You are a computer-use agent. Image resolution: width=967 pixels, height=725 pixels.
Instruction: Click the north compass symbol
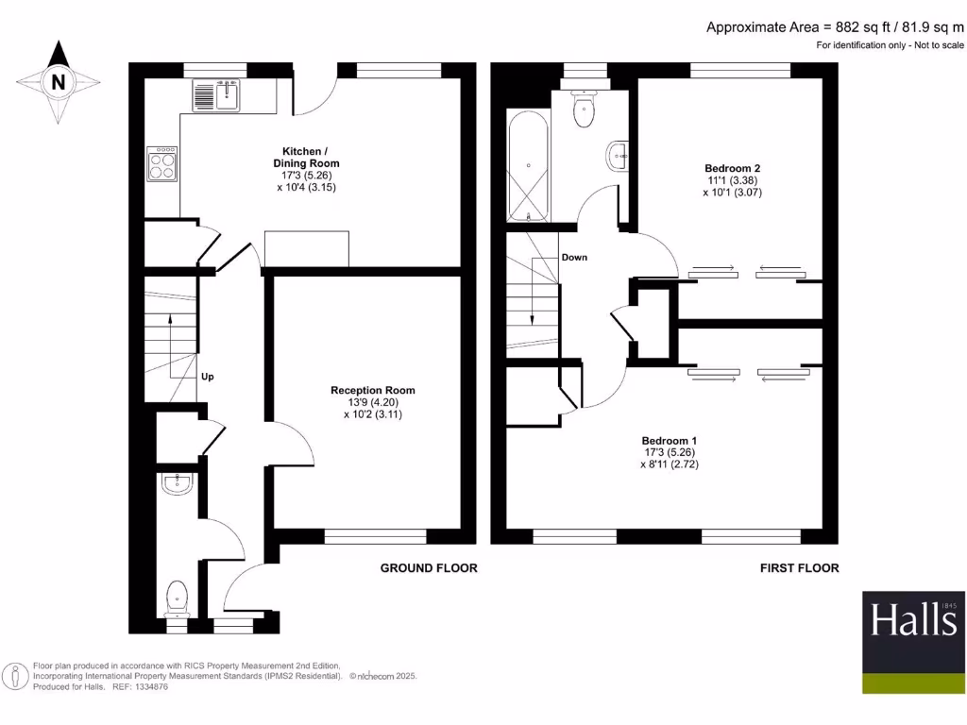pyautogui.click(x=59, y=82)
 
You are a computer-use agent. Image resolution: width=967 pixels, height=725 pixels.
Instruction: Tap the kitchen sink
pyautogui.click(x=216, y=94)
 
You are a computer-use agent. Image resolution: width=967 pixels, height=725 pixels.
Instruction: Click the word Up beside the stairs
pyautogui.click(x=208, y=377)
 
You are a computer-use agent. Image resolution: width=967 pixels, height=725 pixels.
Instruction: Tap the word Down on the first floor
pyautogui.click(x=574, y=257)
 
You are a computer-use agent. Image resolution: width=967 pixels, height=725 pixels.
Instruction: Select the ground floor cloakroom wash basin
pyautogui.click(x=177, y=485)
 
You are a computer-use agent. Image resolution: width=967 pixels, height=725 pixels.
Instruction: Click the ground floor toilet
pyautogui.click(x=177, y=598)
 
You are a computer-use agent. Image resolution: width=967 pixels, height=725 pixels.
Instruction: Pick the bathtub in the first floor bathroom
pyautogui.click(x=528, y=166)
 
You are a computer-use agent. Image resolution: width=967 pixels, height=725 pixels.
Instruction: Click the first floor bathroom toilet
pyautogui.click(x=585, y=109)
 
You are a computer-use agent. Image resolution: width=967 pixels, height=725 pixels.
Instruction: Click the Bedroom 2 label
pyautogui.click(x=732, y=167)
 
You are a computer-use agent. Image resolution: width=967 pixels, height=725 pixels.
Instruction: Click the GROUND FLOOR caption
pyautogui.click(x=429, y=568)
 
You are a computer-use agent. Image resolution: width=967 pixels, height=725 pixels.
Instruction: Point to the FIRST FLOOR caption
pyautogui.click(x=799, y=568)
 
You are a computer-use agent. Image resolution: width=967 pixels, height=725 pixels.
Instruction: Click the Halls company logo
pyautogui.click(x=913, y=642)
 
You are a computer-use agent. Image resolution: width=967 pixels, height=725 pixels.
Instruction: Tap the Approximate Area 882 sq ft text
pyautogui.click(x=835, y=27)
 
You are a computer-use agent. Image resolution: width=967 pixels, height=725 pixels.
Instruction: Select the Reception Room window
pyautogui.click(x=375, y=536)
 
